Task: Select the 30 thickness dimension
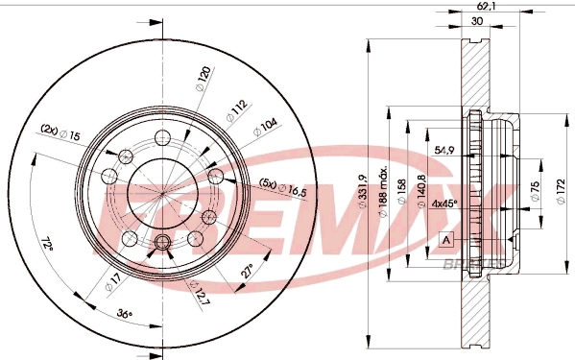tap(476, 20)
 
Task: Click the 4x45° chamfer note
tap(443, 203)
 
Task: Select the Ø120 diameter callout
tap(202, 78)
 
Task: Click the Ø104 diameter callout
tap(263, 125)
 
